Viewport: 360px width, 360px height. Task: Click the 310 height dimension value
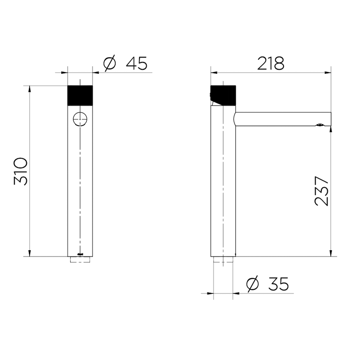pos(21,171)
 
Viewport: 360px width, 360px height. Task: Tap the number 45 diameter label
pos(136,63)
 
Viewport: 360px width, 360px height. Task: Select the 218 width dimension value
pos(271,63)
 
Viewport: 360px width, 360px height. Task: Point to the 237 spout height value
pos(321,191)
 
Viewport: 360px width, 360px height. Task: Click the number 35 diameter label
pos(278,284)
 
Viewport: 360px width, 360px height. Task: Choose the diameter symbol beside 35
pos(252,284)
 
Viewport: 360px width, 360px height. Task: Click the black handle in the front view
pos(80,95)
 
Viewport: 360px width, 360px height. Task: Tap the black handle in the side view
pos(223,95)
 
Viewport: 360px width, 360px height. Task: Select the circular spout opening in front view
pos(80,119)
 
